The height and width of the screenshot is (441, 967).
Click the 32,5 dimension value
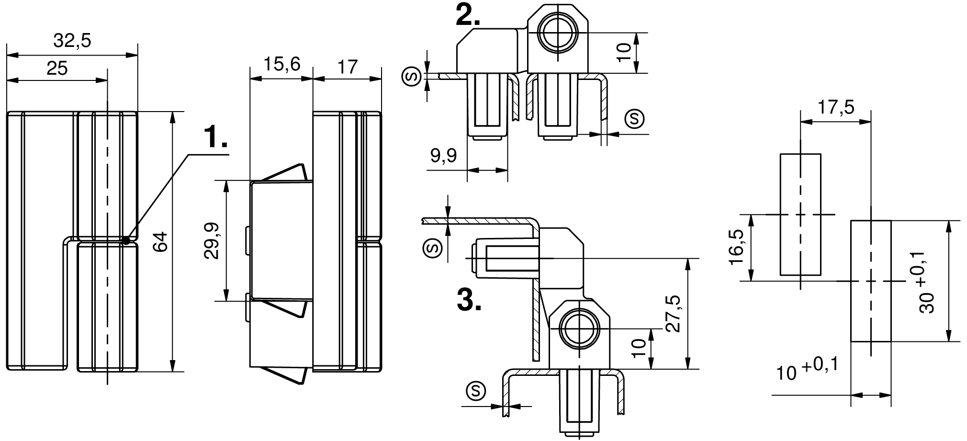(x=72, y=41)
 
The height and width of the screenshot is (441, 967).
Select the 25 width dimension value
(x=57, y=68)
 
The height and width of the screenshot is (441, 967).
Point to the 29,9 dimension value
(x=211, y=241)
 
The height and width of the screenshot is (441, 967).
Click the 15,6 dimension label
(x=282, y=64)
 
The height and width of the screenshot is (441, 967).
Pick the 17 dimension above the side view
(x=348, y=67)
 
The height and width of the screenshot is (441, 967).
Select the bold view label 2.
(x=468, y=16)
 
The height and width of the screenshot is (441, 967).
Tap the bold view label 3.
(x=469, y=301)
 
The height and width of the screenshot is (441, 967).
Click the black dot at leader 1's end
(x=126, y=240)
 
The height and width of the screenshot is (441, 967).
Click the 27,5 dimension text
(x=672, y=313)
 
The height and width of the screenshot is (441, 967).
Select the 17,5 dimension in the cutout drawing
(x=835, y=107)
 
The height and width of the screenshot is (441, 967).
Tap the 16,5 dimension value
(x=736, y=247)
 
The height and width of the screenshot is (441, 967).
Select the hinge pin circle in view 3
(x=580, y=329)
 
